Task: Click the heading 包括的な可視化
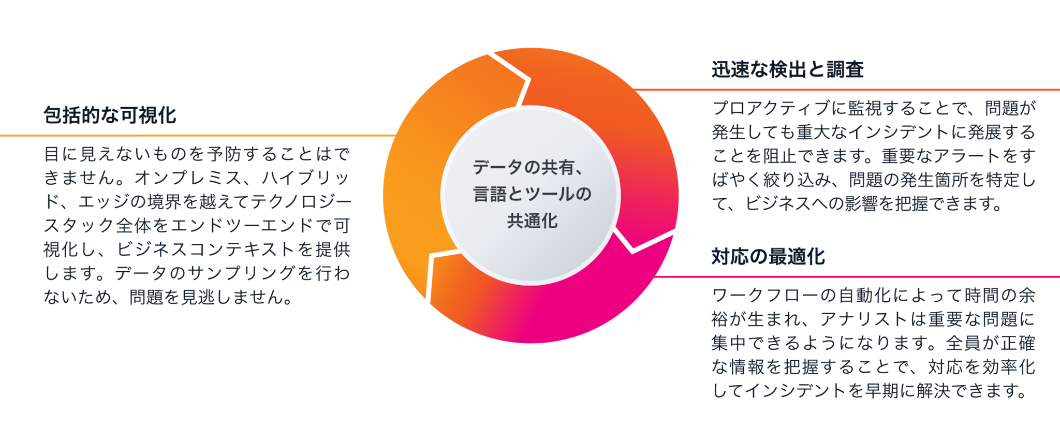pyautogui.click(x=110, y=115)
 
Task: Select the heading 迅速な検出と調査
pyautogui.click(x=787, y=70)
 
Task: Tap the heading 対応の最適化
pyautogui.click(x=768, y=257)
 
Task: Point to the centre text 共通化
pyautogui.click(x=532, y=221)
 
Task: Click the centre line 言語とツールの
pyautogui.click(x=532, y=194)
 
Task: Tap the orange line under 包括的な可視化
pyautogui.click(x=197, y=136)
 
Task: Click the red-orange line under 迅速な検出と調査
pyautogui.click(x=849, y=90)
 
